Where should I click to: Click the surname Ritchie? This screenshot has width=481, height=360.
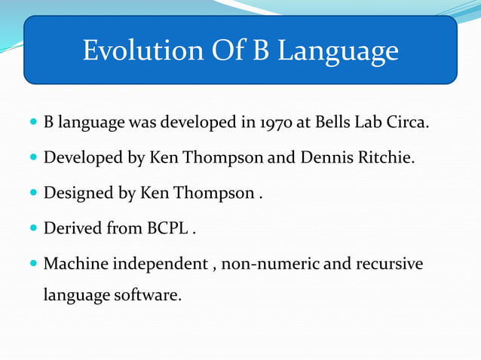(x=388, y=158)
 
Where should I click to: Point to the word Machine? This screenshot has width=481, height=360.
(x=76, y=264)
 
